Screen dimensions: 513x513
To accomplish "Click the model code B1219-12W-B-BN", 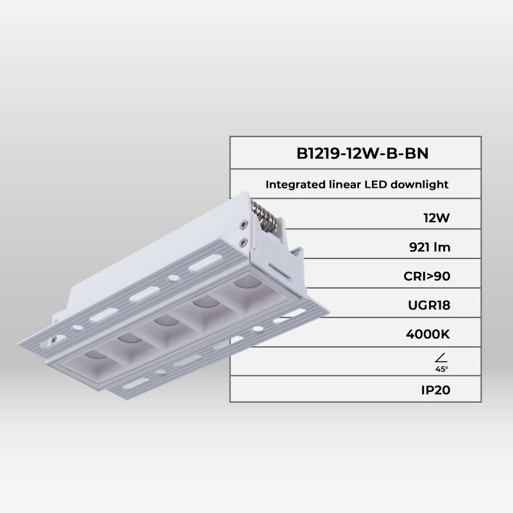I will (355, 154).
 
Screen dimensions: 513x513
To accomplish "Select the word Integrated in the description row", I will (293, 185).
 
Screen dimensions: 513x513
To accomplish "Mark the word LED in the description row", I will (374, 185).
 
